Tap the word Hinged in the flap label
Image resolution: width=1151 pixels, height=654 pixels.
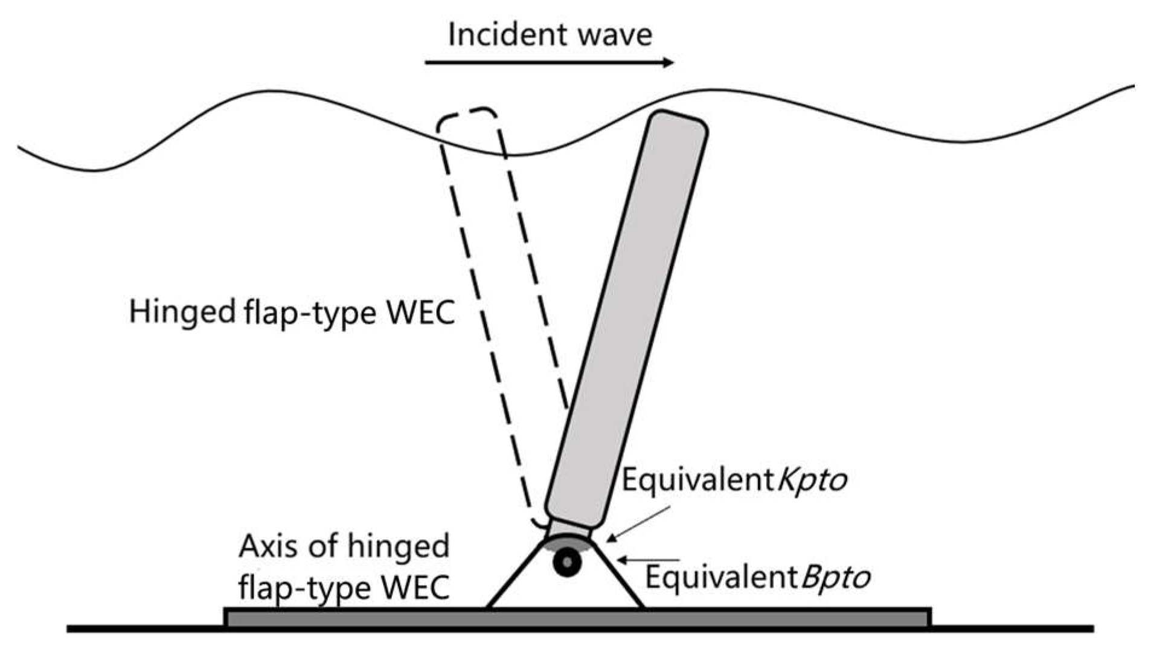click(x=182, y=313)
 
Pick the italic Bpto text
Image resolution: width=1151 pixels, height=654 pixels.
click(x=836, y=578)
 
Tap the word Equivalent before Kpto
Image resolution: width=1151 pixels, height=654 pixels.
click(x=698, y=480)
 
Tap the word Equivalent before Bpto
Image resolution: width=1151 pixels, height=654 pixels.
click(x=722, y=578)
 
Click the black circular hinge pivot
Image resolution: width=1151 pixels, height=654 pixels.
click(x=568, y=563)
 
